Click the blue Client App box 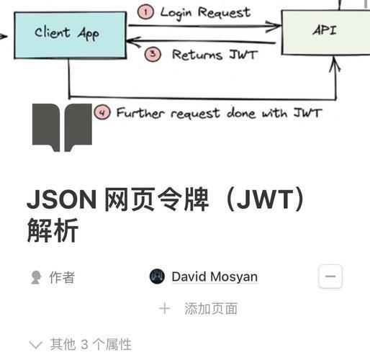tap(70, 35)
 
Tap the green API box tap(326, 32)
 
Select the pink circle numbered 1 tap(145, 12)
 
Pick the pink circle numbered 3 tap(153, 54)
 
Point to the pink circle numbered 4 tap(102, 112)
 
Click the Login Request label tap(205, 13)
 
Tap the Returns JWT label tap(215, 55)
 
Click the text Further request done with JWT tap(219, 112)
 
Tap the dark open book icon tap(62, 127)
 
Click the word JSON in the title tap(62, 200)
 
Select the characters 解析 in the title tap(53, 230)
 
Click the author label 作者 tap(62, 277)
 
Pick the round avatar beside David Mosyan tap(157, 276)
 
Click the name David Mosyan tap(215, 276)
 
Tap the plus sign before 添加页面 tap(165, 309)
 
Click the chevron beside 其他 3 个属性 tap(36, 345)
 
